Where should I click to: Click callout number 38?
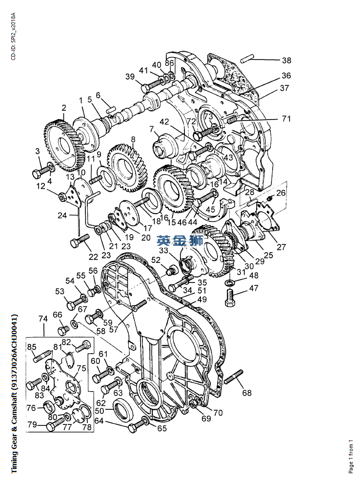[x=286, y=60]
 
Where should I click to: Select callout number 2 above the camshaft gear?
[x=64, y=108]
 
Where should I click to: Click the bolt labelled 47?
[x=230, y=298]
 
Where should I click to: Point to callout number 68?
[x=247, y=393]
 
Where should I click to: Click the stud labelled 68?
[x=234, y=377]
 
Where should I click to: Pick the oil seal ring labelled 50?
[x=123, y=409]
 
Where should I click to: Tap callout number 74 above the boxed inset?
[x=43, y=319]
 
